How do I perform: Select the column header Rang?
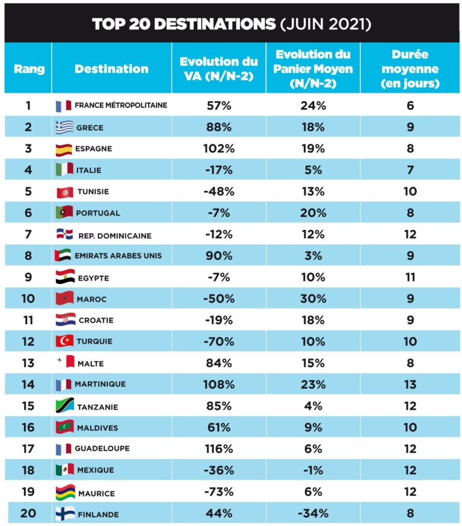point(29,69)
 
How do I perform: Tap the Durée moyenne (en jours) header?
point(410,69)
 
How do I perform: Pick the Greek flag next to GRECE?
point(64,127)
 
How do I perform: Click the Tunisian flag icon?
point(64,192)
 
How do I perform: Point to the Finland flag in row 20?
point(64,514)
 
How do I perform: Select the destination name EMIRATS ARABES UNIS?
point(118,255)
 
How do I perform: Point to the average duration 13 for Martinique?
point(410,384)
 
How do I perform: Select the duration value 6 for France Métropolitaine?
point(410,106)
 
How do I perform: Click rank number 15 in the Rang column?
point(28,406)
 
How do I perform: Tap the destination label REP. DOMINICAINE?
point(115,236)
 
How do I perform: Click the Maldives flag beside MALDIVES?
point(64,428)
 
